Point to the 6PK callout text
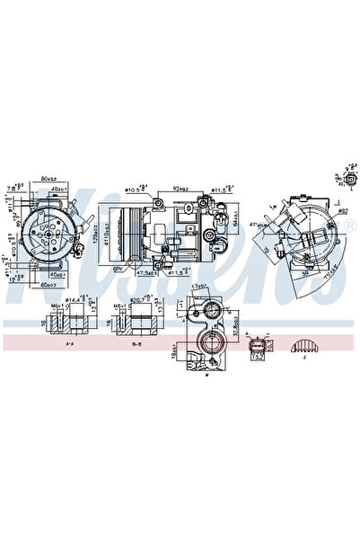[x=118, y=268]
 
